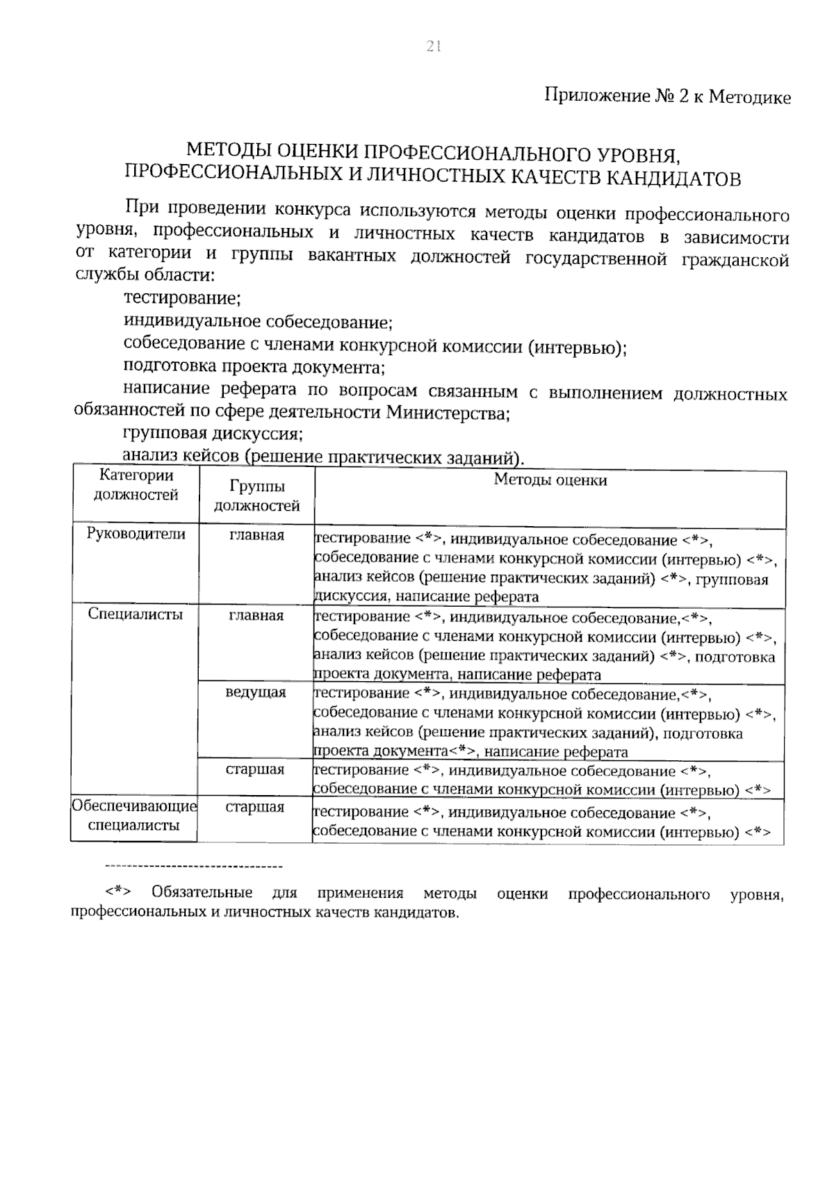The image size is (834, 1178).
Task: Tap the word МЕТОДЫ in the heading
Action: point(229,152)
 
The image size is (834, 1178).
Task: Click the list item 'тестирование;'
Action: point(182,299)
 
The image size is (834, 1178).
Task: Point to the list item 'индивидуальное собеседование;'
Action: point(258,322)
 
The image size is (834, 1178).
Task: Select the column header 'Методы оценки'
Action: point(550,480)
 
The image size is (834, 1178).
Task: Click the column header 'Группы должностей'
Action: point(256,496)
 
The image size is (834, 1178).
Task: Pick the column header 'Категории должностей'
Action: point(136,485)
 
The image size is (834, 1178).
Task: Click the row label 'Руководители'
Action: point(136,534)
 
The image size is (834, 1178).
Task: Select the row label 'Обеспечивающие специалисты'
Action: point(135,816)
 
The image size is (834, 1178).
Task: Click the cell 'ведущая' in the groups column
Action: point(256,693)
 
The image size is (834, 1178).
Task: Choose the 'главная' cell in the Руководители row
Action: point(256,535)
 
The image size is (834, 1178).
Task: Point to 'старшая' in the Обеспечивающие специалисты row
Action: point(255,808)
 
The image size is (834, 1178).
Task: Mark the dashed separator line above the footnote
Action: point(193,867)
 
